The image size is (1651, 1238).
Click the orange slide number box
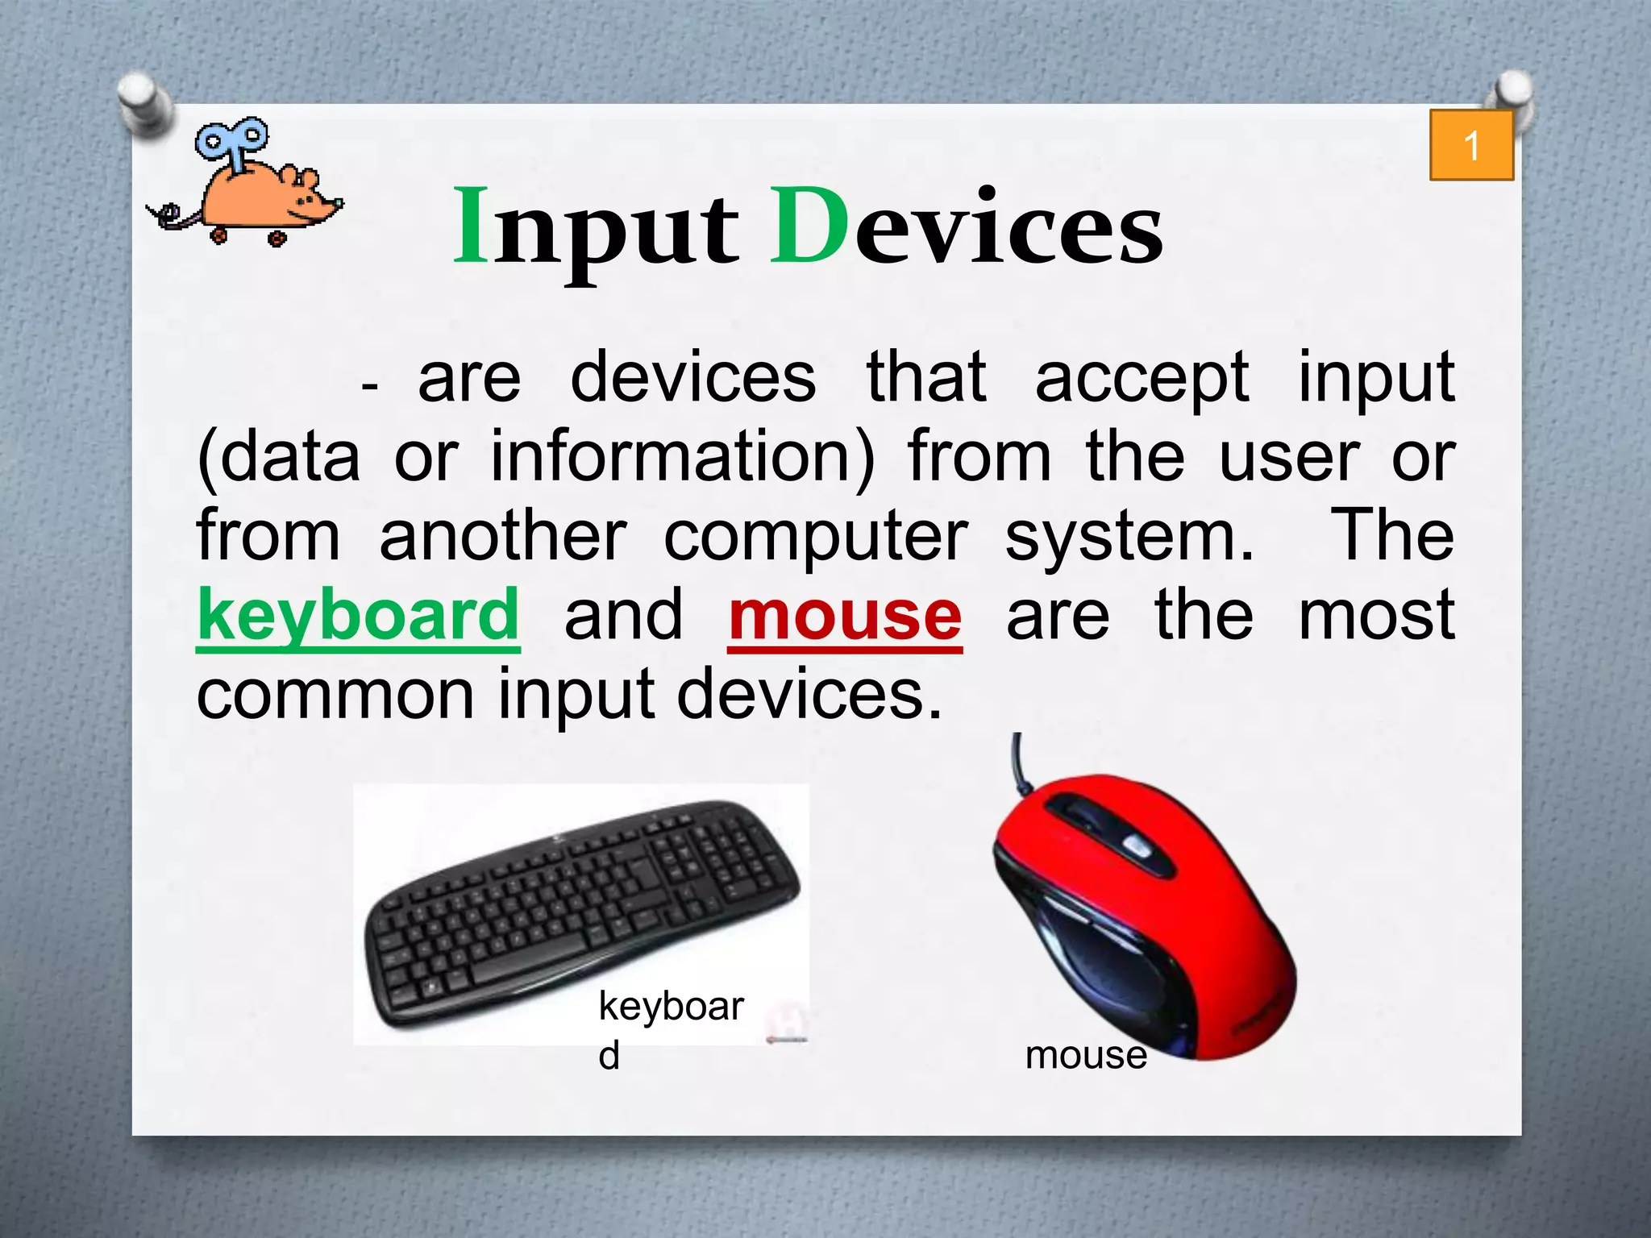[1471, 146]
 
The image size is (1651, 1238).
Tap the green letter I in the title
[472, 226]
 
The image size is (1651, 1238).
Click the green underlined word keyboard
[358, 615]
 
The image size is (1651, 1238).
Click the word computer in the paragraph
[815, 537]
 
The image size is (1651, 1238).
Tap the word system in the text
[1129, 537]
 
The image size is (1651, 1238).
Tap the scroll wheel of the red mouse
[1136, 845]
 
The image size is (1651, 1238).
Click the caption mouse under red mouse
[1086, 1055]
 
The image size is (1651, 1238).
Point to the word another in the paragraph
[503, 537]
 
